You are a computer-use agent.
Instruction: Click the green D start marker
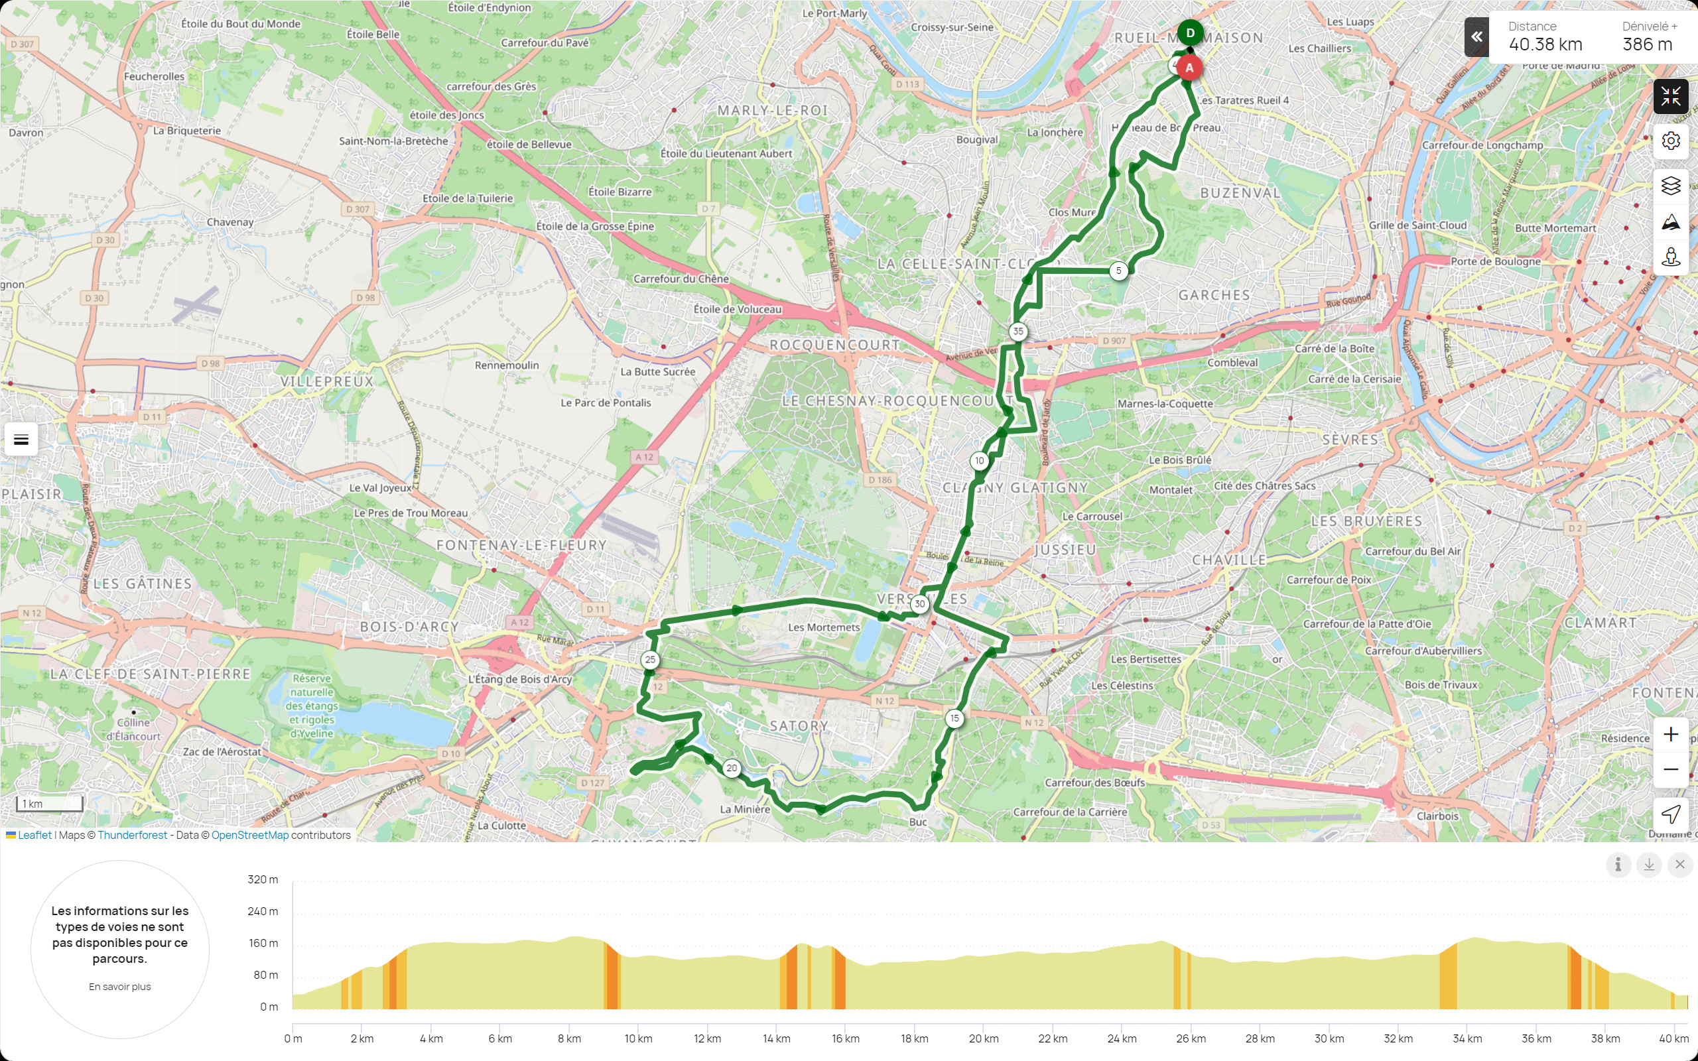click(1190, 33)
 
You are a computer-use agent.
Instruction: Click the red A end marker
click(1189, 68)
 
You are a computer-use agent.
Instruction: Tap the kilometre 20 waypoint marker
click(732, 768)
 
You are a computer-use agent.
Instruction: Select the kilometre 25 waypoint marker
click(651, 660)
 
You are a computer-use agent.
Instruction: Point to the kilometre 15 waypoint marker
click(954, 718)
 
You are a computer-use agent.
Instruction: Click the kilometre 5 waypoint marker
click(1118, 271)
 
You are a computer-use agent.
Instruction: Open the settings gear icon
click(1671, 141)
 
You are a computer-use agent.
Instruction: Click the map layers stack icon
click(1671, 185)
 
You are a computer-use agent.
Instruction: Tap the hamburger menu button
click(21, 440)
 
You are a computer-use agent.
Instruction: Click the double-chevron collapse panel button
click(1476, 37)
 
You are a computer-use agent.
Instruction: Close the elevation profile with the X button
click(1679, 865)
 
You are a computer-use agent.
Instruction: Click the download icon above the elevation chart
click(1649, 865)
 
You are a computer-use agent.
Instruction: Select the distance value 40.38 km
click(1545, 45)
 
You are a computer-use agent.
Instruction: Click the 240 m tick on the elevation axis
click(263, 912)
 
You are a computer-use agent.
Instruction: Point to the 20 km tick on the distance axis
click(984, 1038)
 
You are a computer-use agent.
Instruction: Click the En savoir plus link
click(120, 987)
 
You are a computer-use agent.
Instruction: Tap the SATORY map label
click(799, 726)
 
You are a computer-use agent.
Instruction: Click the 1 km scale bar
click(50, 804)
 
